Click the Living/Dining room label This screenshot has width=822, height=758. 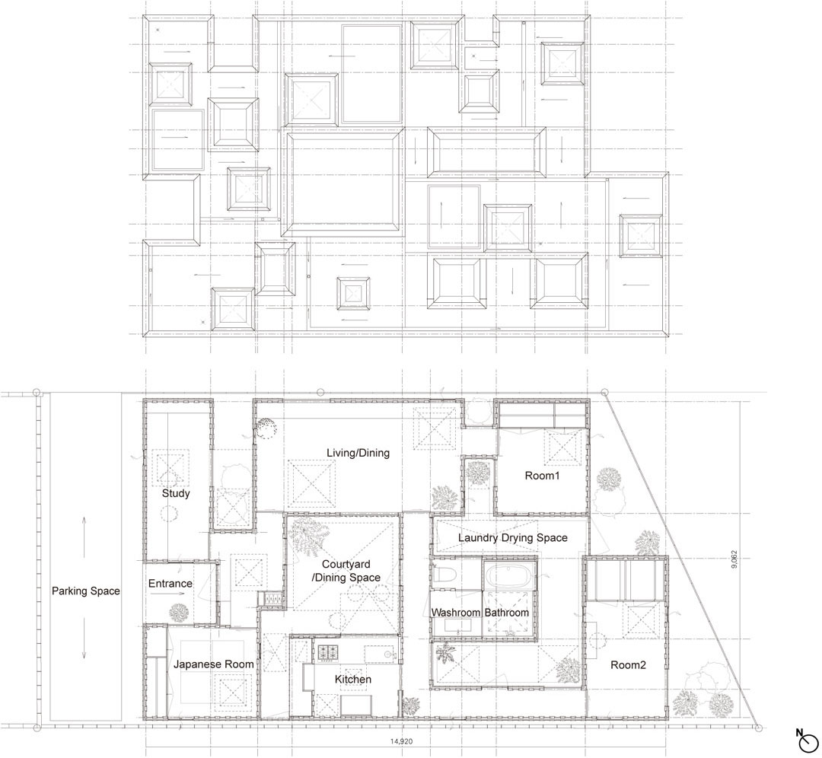[358, 453]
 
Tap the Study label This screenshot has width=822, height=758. [176, 493]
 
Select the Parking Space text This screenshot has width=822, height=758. [85, 591]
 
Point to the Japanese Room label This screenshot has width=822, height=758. [213, 664]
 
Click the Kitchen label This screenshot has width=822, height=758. [353, 680]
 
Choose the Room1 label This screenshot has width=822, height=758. [542, 476]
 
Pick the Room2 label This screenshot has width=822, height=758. [628, 665]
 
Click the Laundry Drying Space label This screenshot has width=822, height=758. [513, 538]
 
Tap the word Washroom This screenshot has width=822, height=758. [456, 613]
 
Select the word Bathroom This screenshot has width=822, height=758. [506, 613]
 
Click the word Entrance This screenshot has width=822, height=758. [170, 584]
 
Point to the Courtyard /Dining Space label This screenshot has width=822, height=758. [346, 571]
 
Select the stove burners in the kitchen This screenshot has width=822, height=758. [328, 652]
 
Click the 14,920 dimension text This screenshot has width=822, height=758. [402, 742]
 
